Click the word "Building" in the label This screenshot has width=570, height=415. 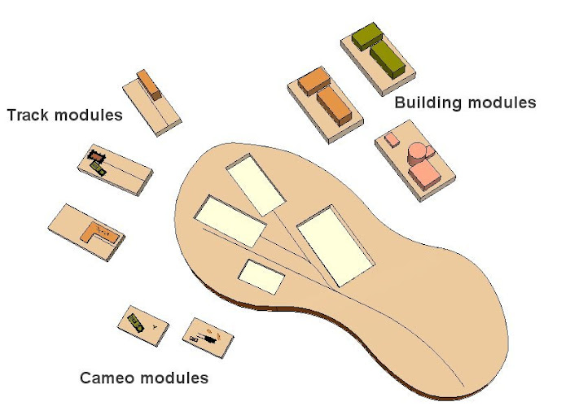coord(425,103)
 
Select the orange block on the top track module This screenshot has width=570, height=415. coord(149,84)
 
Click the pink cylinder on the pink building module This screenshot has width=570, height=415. coord(418,153)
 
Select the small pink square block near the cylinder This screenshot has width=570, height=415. coord(392,140)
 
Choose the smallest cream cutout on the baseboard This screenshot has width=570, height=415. coord(261,277)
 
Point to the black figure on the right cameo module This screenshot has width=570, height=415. coord(210,334)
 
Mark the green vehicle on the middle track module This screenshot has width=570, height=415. coord(99,168)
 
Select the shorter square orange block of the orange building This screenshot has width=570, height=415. coord(313,81)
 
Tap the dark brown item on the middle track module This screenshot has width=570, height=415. coord(94,155)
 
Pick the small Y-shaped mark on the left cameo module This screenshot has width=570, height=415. coord(155,325)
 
